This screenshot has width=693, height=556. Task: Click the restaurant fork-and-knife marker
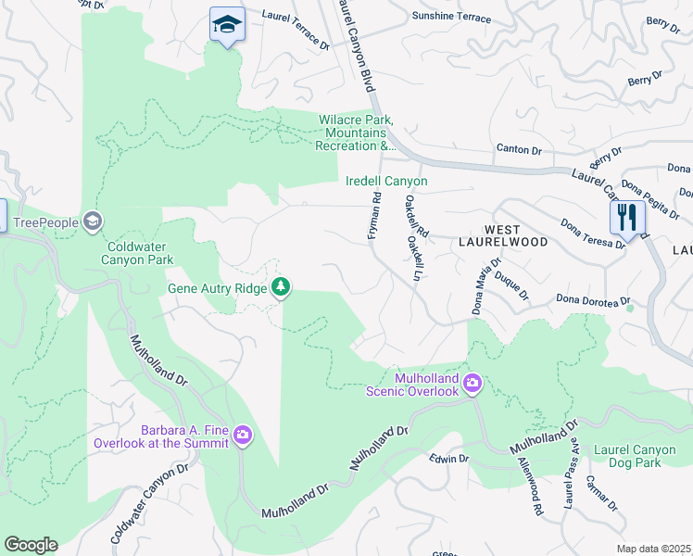[628, 218]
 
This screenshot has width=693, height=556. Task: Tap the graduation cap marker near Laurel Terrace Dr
[226, 26]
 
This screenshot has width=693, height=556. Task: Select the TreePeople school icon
[92, 221]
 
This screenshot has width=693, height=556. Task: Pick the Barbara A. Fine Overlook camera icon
[243, 435]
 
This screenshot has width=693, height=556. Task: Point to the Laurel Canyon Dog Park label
[639, 455]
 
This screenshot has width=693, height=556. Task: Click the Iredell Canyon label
[386, 182]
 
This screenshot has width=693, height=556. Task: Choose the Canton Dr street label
[518, 149]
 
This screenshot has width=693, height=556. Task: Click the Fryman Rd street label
[374, 217]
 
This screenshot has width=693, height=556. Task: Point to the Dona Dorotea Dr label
[593, 300]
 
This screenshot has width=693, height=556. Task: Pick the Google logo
[31, 545]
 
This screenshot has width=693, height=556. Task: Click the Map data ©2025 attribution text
[653, 549]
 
